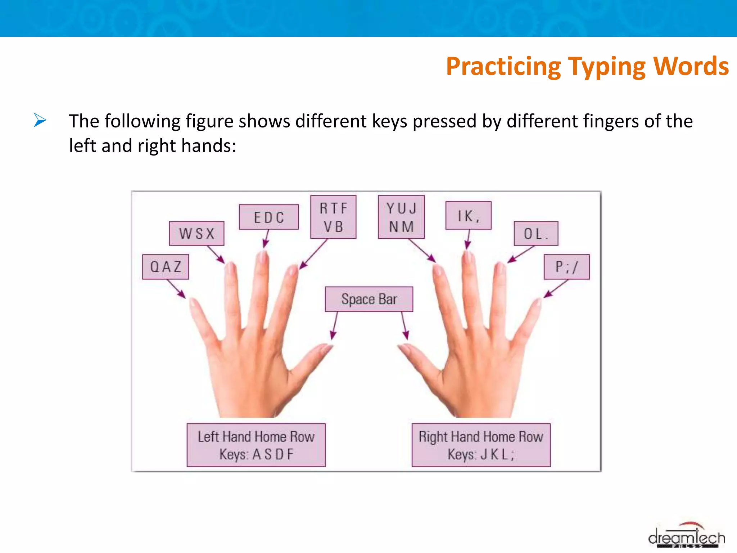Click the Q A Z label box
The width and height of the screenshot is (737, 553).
pyautogui.click(x=166, y=267)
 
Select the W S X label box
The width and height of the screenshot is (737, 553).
pyautogui.click(x=196, y=233)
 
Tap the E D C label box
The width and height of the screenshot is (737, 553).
pyautogui.click(x=269, y=217)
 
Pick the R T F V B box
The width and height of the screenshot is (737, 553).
pyautogui.click(x=333, y=217)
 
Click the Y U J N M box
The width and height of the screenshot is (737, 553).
pyautogui.click(x=401, y=217)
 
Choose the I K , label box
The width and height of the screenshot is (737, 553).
pyautogui.click(x=468, y=216)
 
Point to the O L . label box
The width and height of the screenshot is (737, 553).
pyautogui.click(x=536, y=234)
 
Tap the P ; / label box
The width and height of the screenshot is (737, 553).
pyautogui.click(x=566, y=267)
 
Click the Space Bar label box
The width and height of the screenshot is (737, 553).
pyautogui.click(x=369, y=299)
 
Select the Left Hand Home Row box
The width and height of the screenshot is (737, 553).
pyautogui.click(x=256, y=445)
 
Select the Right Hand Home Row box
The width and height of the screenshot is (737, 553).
pyautogui.click(x=481, y=445)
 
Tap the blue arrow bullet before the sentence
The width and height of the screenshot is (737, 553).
pyautogui.click(x=40, y=120)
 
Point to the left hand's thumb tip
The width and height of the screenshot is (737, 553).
pyautogui.click(x=328, y=347)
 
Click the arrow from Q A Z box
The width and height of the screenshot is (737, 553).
pyautogui.click(x=176, y=289)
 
